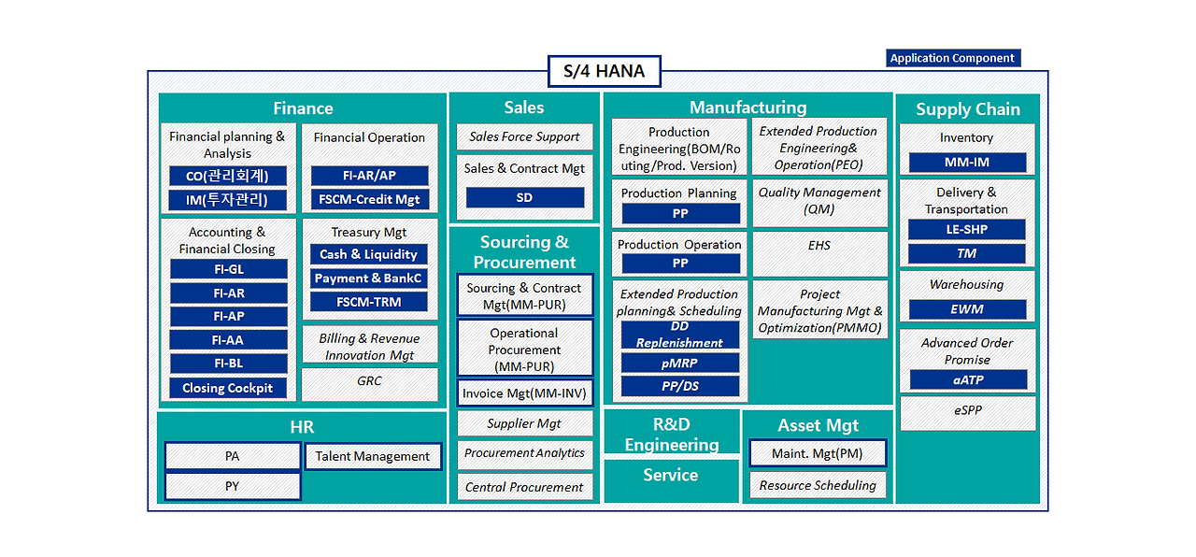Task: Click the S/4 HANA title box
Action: pos(604,72)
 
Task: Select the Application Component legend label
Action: pos(952,58)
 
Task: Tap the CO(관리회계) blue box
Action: pos(228,176)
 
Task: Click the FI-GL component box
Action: pos(228,269)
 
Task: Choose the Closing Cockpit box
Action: pos(228,388)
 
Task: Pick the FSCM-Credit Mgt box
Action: pos(369,199)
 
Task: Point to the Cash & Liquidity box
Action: pos(369,254)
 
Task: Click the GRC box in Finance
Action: pos(369,382)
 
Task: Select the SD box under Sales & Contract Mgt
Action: pos(524,197)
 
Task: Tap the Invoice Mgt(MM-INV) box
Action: pos(524,393)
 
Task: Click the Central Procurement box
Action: pos(524,487)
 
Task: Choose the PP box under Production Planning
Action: pos(680,214)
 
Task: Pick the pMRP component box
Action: pos(680,363)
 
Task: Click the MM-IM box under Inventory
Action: pos(967,163)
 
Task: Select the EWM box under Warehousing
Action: pos(967,309)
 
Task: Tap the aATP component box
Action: pos(967,379)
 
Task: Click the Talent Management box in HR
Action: pos(373,456)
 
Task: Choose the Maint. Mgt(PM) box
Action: pos(818,454)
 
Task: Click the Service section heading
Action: pos(671,476)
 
